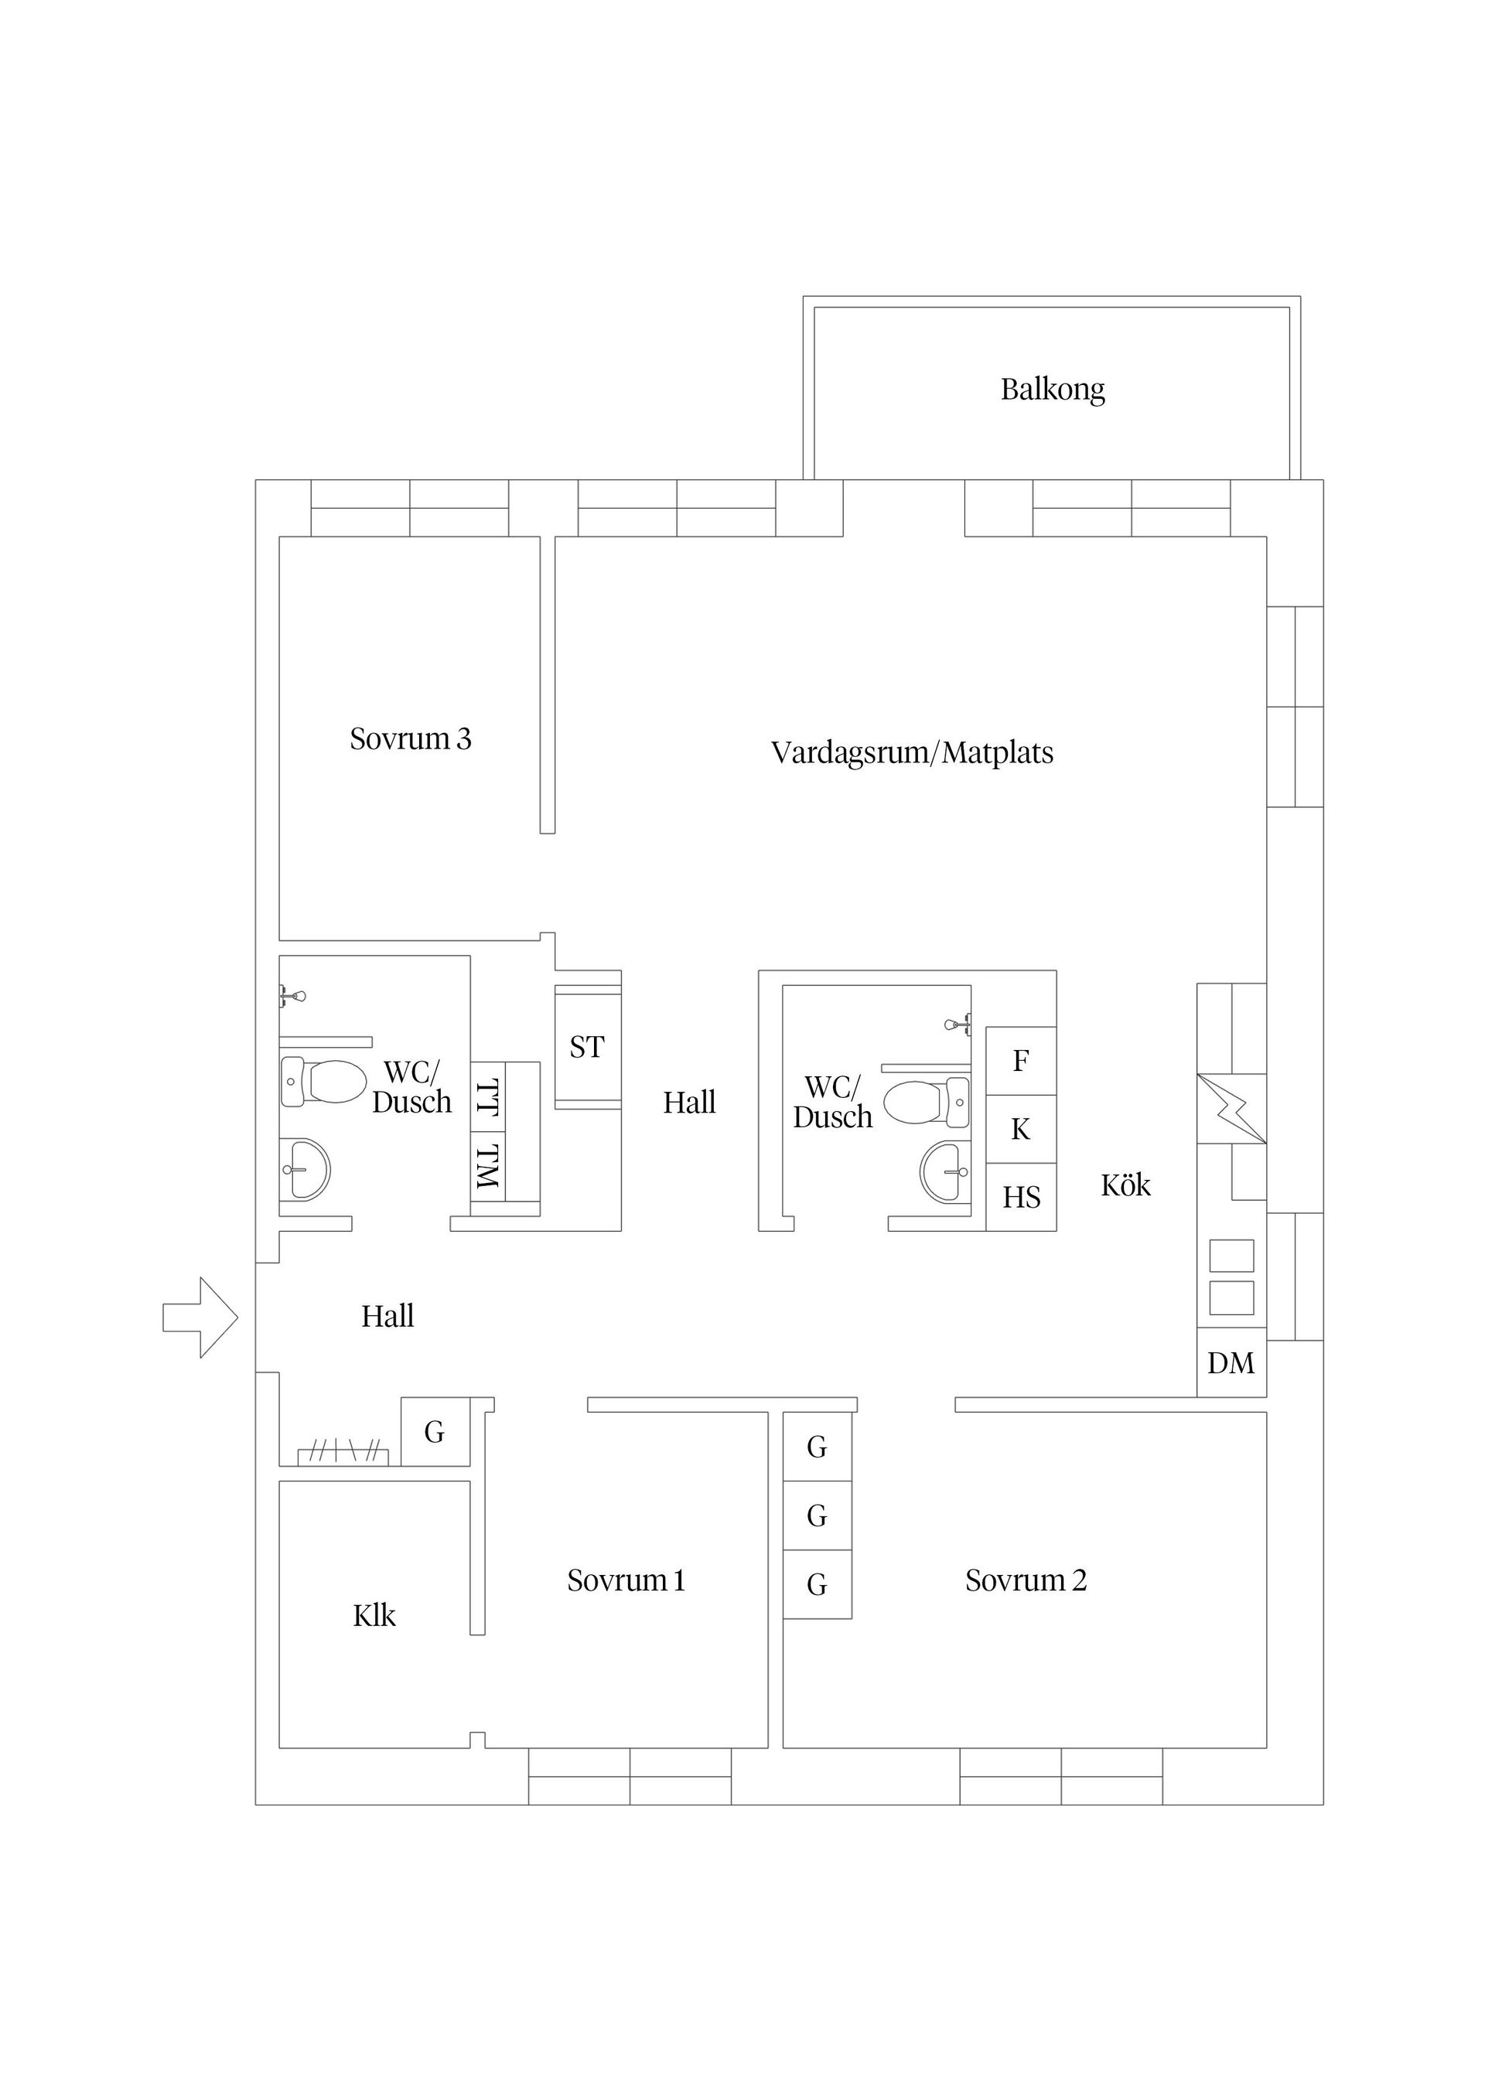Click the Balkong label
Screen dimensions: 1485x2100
coord(1052,390)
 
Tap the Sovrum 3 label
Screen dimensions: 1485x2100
coord(410,738)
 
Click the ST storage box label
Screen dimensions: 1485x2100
coord(586,1046)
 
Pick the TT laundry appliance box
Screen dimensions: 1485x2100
coord(489,1096)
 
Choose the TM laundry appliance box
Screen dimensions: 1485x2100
coord(489,1167)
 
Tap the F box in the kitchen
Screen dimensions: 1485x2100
coord(1021,1061)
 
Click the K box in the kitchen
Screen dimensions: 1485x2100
coord(1021,1130)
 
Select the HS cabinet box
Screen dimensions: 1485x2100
coord(1021,1197)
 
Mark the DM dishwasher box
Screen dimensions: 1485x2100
coord(1231,1363)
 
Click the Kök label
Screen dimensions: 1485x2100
coord(1125,1185)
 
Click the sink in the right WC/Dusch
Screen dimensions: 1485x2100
coord(945,1171)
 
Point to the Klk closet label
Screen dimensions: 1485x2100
coord(374,1616)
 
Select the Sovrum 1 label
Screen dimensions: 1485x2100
coord(626,1580)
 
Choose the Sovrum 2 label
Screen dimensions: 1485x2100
coord(1026,1580)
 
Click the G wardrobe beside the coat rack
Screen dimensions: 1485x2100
coord(435,1431)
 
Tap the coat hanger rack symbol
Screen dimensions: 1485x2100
coord(343,1455)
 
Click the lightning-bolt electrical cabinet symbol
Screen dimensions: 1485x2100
coord(1231,1109)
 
